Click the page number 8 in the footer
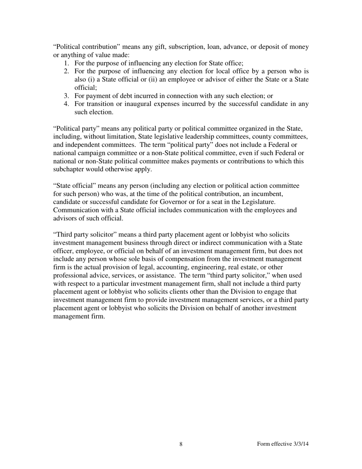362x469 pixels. [181, 444]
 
